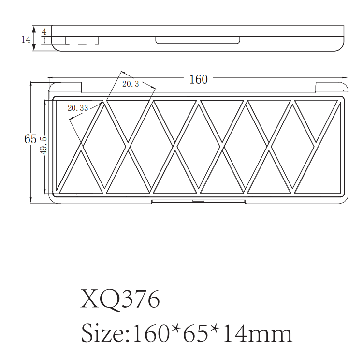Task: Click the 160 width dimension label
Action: point(199,79)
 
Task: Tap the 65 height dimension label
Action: point(30,139)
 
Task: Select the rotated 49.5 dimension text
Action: point(44,145)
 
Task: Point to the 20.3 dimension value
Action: point(131,84)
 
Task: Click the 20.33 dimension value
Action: point(78,108)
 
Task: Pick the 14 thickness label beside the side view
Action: point(26,39)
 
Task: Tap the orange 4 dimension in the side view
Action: point(44,31)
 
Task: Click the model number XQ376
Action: point(120,300)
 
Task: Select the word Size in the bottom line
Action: point(101,334)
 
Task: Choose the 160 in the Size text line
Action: point(149,334)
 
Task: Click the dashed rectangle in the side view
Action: point(82,40)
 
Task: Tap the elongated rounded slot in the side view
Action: point(198,40)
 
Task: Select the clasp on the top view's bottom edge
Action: point(198,200)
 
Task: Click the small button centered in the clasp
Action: point(198,201)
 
